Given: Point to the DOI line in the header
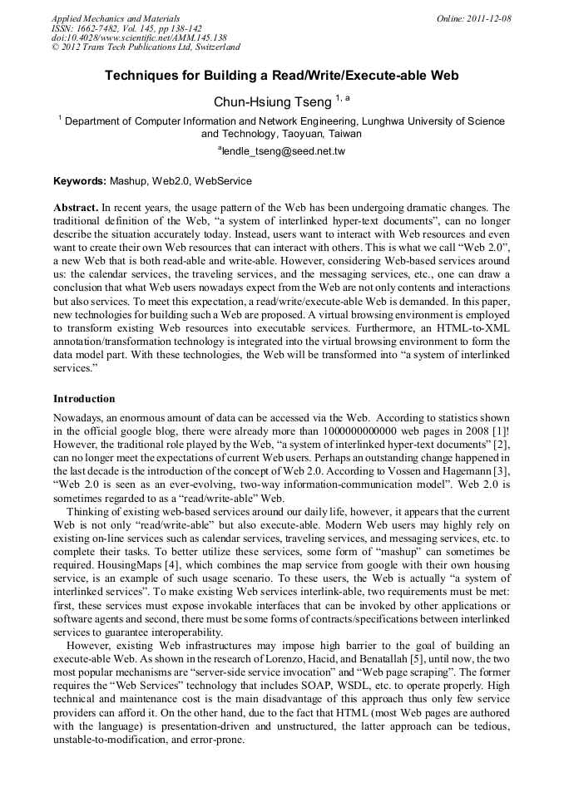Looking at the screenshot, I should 139,38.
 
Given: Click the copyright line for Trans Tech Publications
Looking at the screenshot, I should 146,47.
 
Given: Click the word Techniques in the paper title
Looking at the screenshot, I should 139,75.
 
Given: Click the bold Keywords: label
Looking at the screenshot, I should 80,180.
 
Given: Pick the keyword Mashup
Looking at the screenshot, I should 129,180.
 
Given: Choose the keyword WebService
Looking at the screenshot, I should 223,180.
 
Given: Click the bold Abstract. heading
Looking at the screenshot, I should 76,207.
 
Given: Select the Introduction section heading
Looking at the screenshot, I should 84,398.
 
